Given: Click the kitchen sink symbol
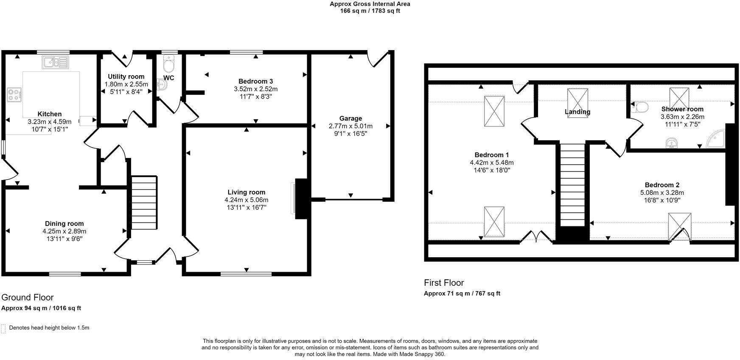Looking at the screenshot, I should point(56,62).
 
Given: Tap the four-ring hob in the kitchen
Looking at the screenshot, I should point(14,94).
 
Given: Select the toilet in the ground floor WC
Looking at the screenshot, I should point(168,65).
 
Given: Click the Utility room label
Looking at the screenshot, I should point(126,77).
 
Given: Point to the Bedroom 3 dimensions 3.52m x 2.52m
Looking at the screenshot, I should point(255,89).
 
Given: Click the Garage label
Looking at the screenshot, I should point(350,118).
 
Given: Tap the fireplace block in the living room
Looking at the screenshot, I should point(301,199).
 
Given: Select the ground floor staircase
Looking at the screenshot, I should point(144,203).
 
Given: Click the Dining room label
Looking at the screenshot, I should point(64,224).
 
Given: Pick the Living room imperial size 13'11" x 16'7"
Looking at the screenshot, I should point(247,208).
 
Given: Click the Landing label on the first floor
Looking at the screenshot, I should point(577,112).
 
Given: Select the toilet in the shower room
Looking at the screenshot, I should point(640,107).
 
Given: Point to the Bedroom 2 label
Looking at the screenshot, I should point(662,185).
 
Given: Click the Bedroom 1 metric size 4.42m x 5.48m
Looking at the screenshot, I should point(492,163).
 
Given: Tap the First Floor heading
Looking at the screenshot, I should point(444,283).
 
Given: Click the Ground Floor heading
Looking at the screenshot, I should point(28,297).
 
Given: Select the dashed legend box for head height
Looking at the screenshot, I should point(3,329).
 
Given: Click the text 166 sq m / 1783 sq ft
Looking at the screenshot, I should point(370,11).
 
